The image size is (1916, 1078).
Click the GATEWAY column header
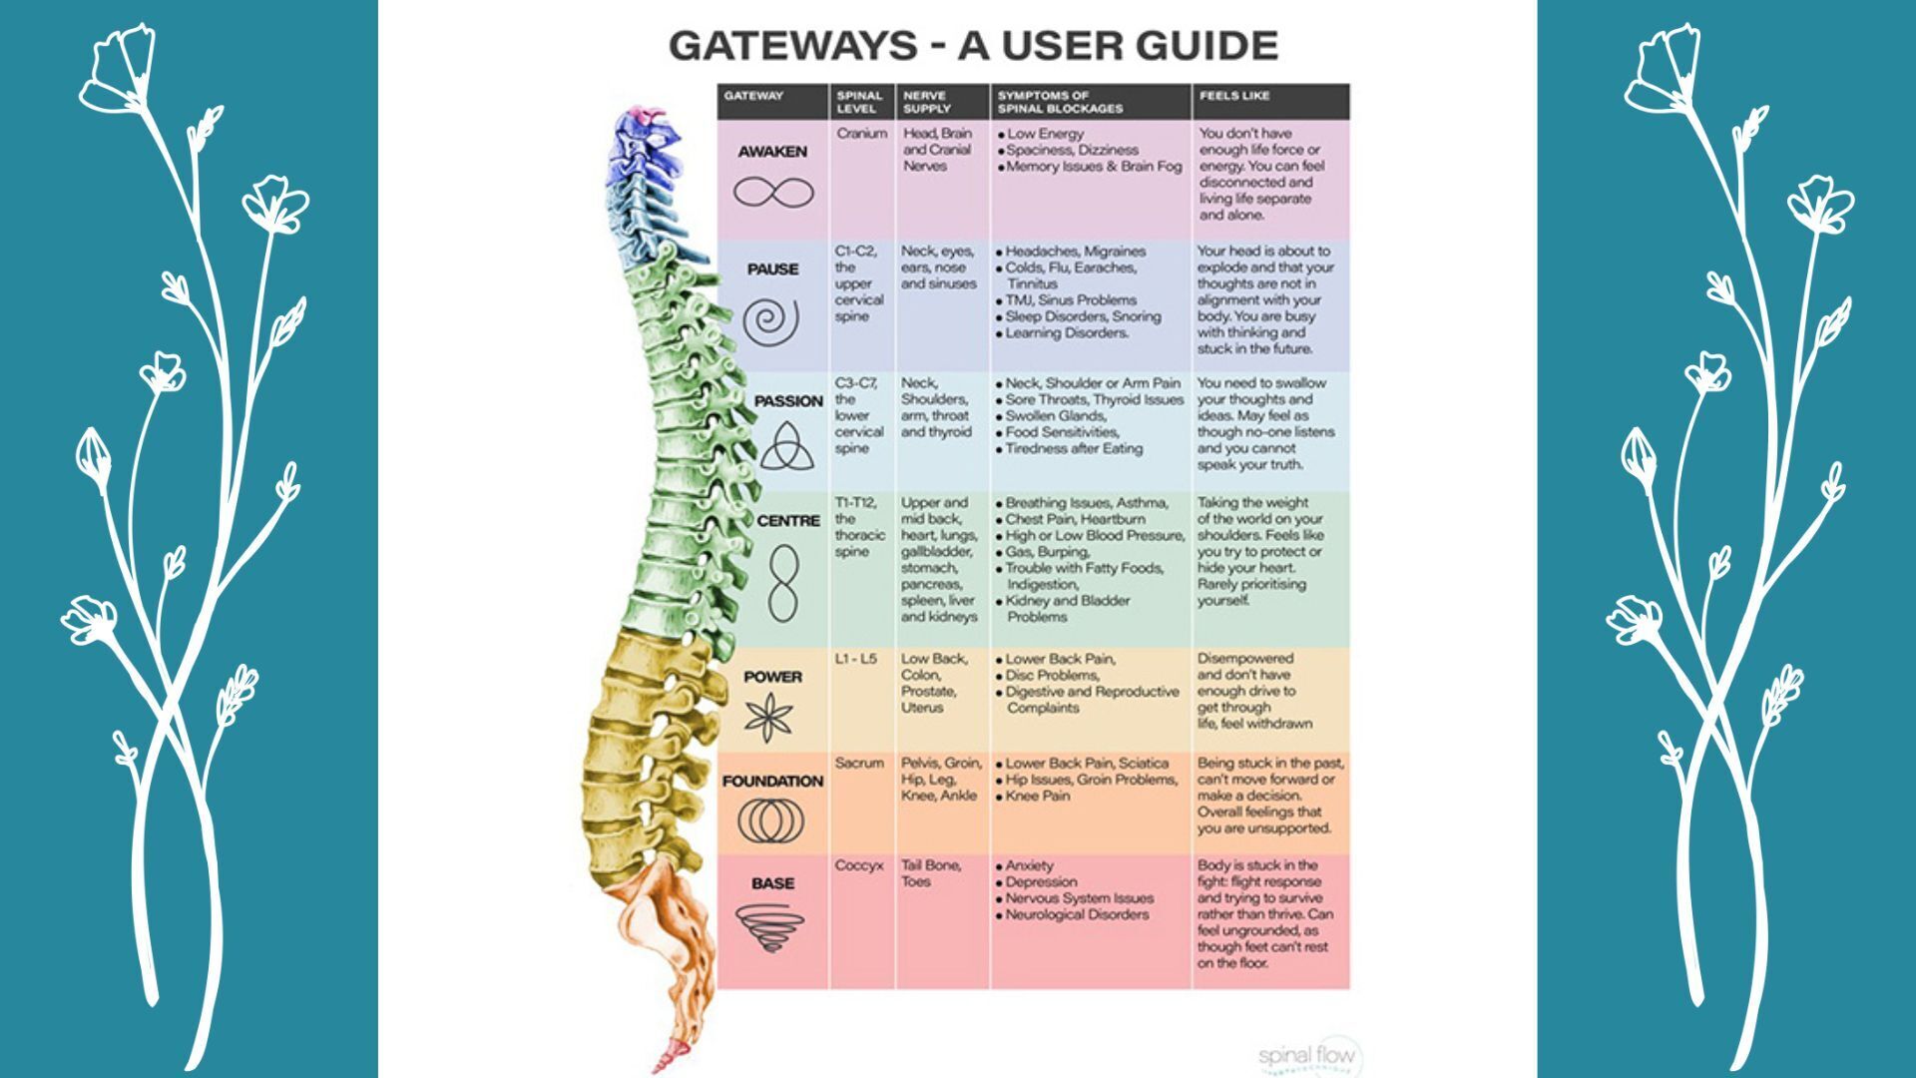point(753,96)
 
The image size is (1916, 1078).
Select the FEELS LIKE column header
point(1234,96)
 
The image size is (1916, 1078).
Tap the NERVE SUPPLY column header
point(926,102)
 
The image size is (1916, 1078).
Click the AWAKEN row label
point(772,152)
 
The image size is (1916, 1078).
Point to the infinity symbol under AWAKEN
point(773,192)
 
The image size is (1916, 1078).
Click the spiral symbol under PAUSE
point(771,321)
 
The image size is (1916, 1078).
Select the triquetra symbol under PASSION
point(786,446)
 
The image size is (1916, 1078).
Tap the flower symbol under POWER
point(769,717)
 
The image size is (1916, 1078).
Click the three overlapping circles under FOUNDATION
point(770,822)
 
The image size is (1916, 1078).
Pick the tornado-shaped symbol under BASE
point(769,927)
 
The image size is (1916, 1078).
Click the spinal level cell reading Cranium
point(861,133)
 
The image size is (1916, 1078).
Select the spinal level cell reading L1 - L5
point(855,659)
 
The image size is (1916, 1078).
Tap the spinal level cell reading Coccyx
point(859,865)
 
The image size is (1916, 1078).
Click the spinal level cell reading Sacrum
point(859,763)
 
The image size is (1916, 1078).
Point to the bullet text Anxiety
point(1029,865)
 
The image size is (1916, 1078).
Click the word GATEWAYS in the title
point(792,46)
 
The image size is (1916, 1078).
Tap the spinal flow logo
point(1308,1056)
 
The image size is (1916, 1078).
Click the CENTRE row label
point(788,521)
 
